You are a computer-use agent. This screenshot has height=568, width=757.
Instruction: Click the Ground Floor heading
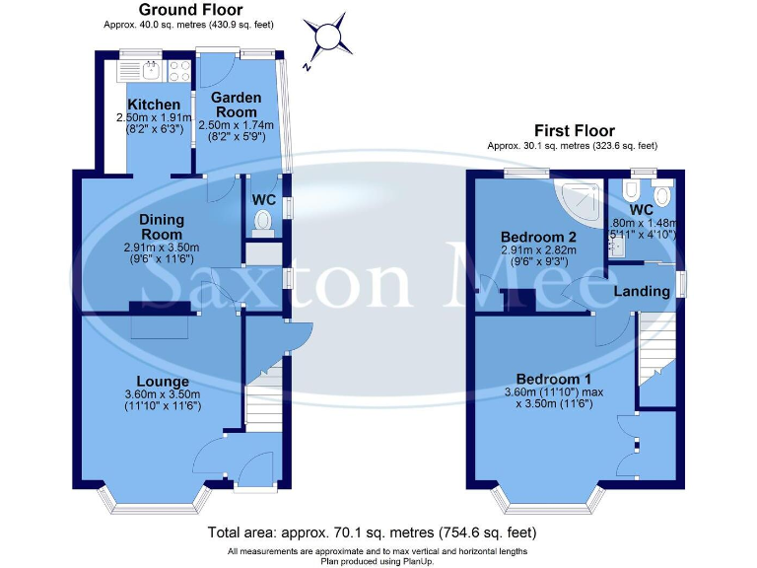click(x=189, y=9)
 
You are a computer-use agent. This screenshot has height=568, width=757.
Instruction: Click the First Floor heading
click(x=574, y=130)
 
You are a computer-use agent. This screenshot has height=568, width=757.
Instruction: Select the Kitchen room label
click(x=154, y=105)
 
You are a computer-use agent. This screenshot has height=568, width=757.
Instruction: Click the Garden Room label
click(x=237, y=105)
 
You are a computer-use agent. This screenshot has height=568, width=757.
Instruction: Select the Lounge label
click(x=164, y=382)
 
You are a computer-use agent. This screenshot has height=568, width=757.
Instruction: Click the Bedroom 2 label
click(x=538, y=238)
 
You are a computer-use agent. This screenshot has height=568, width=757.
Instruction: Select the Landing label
click(x=642, y=292)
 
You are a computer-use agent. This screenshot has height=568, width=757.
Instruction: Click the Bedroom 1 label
click(x=553, y=380)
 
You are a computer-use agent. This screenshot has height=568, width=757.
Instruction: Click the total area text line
click(x=378, y=532)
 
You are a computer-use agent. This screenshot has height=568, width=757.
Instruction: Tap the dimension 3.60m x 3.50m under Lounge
click(x=164, y=393)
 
